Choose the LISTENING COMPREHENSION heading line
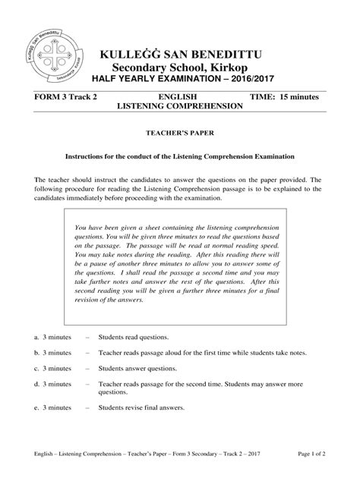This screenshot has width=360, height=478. [180, 108]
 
